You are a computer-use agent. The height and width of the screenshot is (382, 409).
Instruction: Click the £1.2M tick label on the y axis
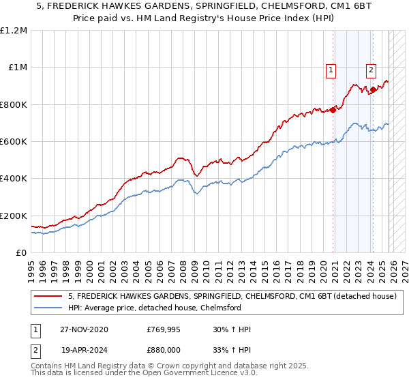(x=14, y=31)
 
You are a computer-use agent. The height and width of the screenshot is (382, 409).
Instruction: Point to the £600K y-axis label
(x=14, y=142)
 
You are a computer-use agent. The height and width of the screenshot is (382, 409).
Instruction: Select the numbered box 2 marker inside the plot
(x=372, y=69)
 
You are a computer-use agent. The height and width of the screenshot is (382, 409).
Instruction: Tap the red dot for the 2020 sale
(x=333, y=110)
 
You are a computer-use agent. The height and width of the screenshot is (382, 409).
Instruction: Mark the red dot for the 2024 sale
(x=373, y=89)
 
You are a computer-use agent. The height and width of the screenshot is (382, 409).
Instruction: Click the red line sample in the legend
(x=48, y=297)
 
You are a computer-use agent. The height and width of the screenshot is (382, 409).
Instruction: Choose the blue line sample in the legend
(x=48, y=308)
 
